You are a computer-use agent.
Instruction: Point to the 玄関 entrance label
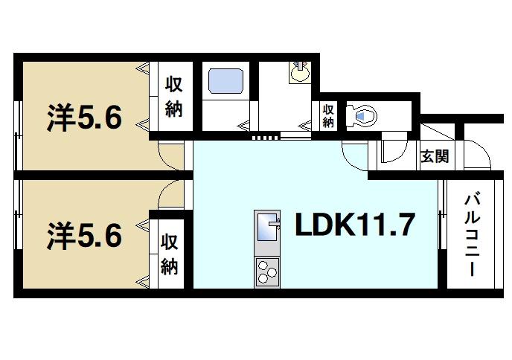pyautogui.click(x=433, y=156)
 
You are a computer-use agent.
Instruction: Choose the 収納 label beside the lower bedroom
pyautogui.click(x=169, y=254)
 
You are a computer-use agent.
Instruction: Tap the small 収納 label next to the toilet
pyautogui.click(x=328, y=115)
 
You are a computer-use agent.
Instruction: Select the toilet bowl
pyautogui.click(x=365, y=115)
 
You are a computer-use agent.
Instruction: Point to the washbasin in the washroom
pyautogui.click(x=300, y=72)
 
